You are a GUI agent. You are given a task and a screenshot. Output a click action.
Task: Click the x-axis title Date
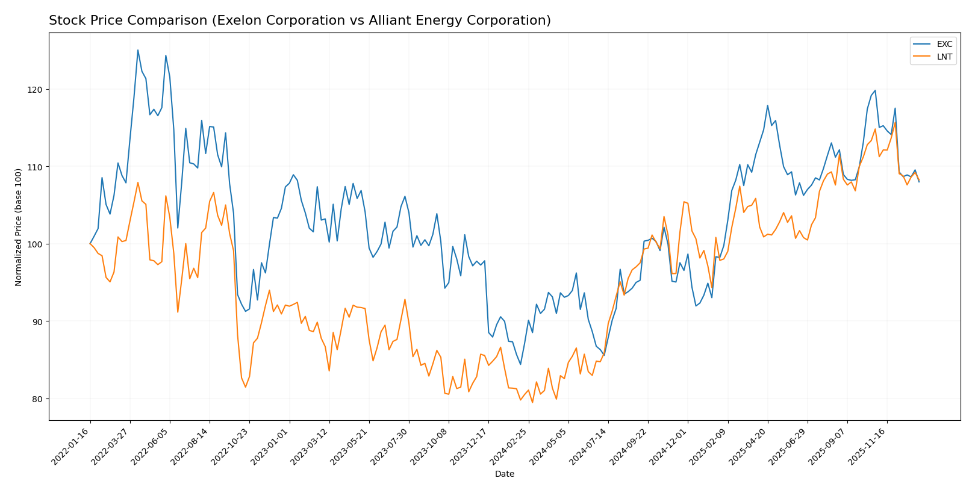[x=504, y=474]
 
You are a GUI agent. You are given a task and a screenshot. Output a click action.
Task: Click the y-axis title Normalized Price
[x=19, y=227]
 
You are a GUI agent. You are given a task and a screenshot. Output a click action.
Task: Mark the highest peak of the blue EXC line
[x=138, y=50]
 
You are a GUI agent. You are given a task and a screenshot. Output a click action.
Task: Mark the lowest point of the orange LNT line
[x=532, y=402]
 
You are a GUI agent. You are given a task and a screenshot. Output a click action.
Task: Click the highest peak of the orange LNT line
[x=895, y=122]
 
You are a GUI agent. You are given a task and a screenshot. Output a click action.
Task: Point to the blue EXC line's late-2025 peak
[x=875, y=91]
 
